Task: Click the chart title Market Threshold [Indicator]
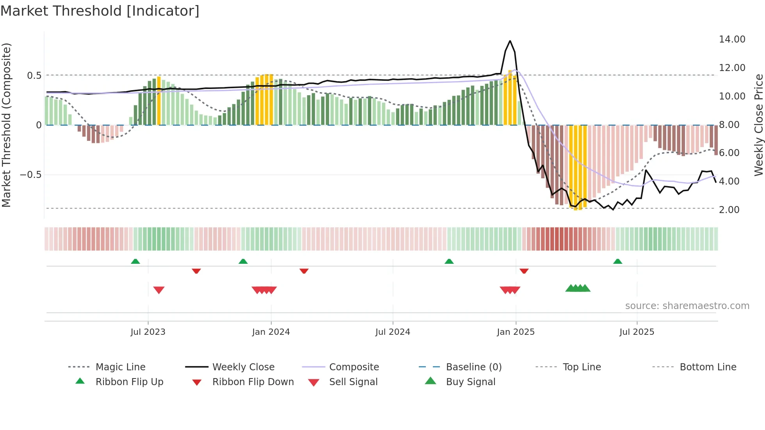tap(100, 11)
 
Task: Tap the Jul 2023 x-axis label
tap(148, 332)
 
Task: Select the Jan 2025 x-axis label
tap(516, 332)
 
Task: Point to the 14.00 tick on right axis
tap(732, 39)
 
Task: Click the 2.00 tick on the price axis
tap(729, 210)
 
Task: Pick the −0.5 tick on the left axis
tap(31, 175)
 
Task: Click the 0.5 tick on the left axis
tap(34, 76)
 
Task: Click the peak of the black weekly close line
tap(510, 41)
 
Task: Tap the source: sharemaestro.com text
tap(687, 306)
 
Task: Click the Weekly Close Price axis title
tap(758, 125)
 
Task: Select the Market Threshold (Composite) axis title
tap(6, 125)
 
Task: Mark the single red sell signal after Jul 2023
tap(159, 290)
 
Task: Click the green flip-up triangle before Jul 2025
tap(617, 261)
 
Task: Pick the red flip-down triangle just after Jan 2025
tap(524, 271)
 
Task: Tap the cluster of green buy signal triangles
tap(578, 288)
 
